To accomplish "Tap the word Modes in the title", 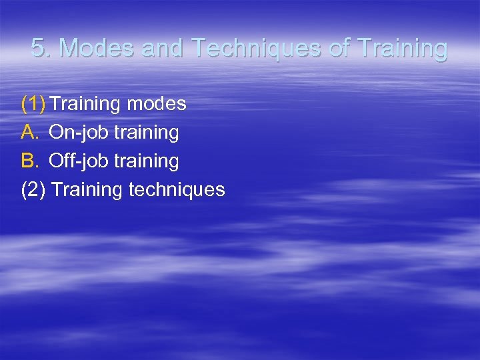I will point(89,49).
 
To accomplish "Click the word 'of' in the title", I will point(340,49).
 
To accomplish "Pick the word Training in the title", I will point(403,49).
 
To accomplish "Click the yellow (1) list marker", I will point(33,104).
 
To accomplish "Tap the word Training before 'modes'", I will point(85,104).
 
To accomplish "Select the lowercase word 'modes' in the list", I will point(155,104).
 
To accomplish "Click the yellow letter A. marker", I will point(31,133).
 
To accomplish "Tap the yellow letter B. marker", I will point(31,161).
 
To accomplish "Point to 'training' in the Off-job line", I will point(147,161).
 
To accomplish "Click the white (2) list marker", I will point(33,190).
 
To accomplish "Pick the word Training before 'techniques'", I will point(87,190).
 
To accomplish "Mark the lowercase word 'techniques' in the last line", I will point(177,190).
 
